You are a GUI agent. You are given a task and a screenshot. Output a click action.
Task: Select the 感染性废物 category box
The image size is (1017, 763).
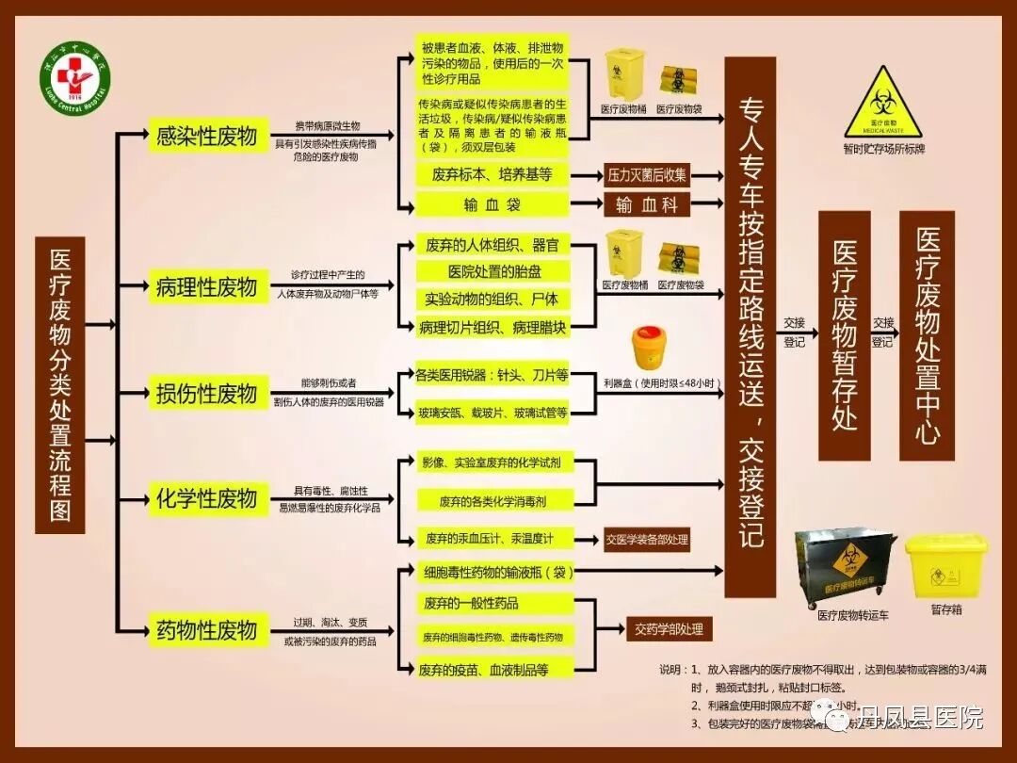click(206, 136)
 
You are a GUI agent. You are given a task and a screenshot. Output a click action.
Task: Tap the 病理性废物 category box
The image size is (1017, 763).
click(206, 286)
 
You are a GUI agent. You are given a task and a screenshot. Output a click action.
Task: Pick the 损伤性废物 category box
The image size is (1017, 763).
click(206, 393)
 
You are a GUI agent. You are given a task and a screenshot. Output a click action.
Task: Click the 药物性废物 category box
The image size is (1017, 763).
click(206, 628)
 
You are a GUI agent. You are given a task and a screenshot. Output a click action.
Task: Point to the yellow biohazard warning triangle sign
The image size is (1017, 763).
click(882, 102)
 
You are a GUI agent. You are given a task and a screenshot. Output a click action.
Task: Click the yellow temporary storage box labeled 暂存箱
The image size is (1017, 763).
click(945, 565)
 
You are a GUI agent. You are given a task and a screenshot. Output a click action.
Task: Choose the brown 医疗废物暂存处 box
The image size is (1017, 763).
click(844, 334)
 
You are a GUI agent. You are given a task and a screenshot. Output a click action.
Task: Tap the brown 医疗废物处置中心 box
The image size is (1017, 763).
click(927, 334)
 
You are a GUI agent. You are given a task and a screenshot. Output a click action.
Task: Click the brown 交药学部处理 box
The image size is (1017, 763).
click(669, 629)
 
